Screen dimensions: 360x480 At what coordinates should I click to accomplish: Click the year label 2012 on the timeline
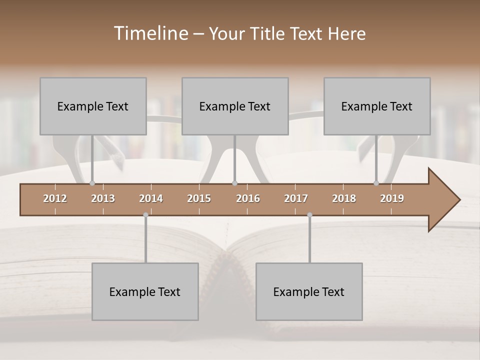(x=55, y=198)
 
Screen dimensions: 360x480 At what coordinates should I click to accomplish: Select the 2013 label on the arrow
(x=103, y=198)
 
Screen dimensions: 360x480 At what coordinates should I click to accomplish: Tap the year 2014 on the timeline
(x=151, y=198)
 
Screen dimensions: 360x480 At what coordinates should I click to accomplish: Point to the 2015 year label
(x=199, y=198)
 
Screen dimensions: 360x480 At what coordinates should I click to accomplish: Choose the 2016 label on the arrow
(x=248, y=198)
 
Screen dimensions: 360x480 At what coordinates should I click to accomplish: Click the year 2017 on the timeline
(x=296, y=198)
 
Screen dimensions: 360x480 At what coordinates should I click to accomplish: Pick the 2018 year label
(x=344, y=198)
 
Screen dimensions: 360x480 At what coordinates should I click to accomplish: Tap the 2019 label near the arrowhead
(x=392, y=198)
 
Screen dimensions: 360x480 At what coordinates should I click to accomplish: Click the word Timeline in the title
(x=150, y=33)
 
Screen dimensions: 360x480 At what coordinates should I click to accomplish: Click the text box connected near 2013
(x=93, y=106)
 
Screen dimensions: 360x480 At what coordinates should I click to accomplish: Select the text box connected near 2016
(x=235, y=106)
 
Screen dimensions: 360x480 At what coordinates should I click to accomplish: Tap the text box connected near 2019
(x=377, y=106)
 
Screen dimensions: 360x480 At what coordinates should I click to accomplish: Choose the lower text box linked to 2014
(x=145, y=291)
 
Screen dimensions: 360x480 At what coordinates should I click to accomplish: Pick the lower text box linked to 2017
(x=309, y=291)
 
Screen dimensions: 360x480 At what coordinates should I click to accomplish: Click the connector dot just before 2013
(x=92, y=183)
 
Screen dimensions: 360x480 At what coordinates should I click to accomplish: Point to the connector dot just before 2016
(x=235, y=183)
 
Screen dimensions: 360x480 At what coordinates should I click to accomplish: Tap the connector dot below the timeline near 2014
(x=145, y=215)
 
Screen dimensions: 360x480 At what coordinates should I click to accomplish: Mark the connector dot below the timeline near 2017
(x=309, y=215)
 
